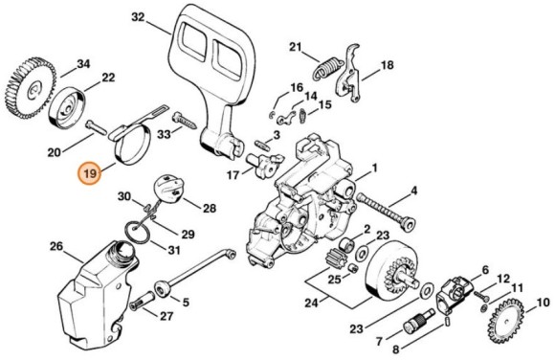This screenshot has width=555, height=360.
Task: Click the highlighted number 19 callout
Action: coord(90,173)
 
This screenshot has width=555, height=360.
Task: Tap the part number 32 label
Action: coord(138,17)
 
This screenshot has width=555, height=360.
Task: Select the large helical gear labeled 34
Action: coord(30,88)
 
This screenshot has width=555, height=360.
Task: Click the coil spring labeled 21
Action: coord(328,67)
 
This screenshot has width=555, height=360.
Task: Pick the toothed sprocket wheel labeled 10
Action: coord(506,322)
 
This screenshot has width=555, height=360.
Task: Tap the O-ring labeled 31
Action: coord(138,232)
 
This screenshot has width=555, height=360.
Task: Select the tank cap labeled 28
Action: coord(169,190)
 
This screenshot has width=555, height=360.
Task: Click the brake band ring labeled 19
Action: coord(132,145)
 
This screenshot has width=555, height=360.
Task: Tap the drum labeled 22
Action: coord(67,107)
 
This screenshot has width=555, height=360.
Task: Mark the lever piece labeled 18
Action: coord(348,73)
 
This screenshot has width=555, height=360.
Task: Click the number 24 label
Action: coord(312,303)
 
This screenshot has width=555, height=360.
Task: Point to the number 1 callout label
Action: coord(374,168)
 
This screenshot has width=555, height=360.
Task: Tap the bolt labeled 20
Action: coord(96,127)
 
